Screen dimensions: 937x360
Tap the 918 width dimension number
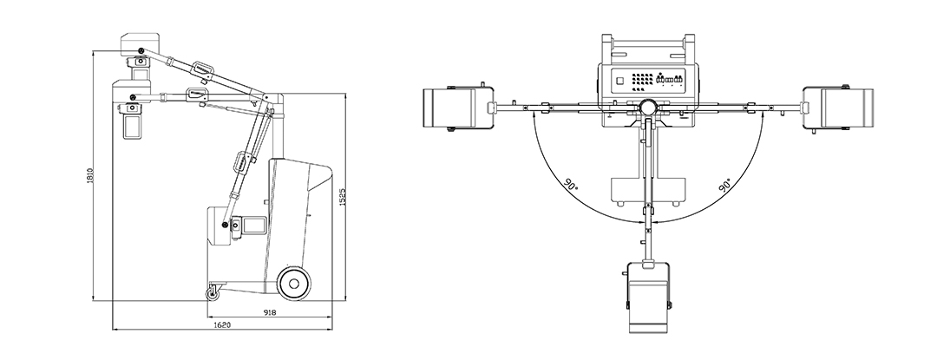[x=269, y=312]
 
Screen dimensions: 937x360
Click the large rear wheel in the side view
[x=294, y=280]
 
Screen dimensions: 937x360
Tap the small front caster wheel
[x=213, y=293]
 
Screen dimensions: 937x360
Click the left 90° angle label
[x=571, y=183]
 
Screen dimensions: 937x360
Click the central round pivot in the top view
[x=648, y=107]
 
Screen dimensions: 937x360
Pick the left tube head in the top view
[x=458, y=108]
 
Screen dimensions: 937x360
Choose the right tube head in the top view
[x=838, y=108]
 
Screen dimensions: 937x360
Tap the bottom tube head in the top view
[x=648, y=296]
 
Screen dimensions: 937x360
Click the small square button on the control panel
[x=619, y=80]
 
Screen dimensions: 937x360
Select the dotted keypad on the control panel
[x=642, y=80]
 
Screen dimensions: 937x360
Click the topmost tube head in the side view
[x=139, y=56]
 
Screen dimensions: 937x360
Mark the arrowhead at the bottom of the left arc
[x=639, y=222]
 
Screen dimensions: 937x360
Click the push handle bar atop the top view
[x=648, y=43]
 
